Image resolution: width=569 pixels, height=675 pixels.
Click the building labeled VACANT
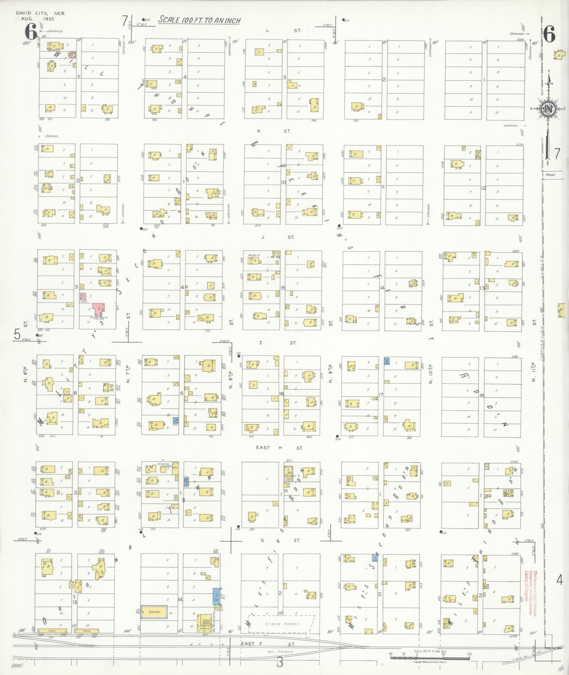(x=154, y=612)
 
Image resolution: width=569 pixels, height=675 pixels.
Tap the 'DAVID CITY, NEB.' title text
(x=41, y=13)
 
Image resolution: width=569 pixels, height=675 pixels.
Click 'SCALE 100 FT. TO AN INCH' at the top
(x=199, y=20)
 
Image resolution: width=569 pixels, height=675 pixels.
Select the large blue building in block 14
(x=217, y=596)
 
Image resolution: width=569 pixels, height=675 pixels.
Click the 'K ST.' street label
(x=273, y=131)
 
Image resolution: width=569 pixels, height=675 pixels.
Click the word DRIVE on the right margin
(x=550, y=174)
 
